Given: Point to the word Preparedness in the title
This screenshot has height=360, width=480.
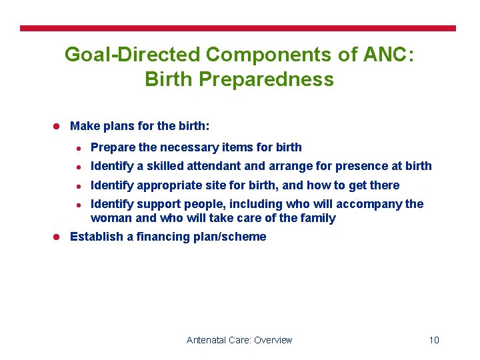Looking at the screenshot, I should [x=267, y=79].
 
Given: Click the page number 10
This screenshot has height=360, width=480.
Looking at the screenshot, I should [x=434, y=340].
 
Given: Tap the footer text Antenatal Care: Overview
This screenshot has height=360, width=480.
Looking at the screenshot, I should [x=239, y=340].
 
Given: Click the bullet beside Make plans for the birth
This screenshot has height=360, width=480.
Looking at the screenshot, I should [x=57, y=126].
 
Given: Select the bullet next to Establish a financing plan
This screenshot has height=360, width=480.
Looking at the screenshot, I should [x=57, y=237].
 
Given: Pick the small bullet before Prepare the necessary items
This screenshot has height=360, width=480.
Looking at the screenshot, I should [x=78, y=148].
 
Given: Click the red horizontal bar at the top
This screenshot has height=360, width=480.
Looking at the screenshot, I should [x=238, y=29].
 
